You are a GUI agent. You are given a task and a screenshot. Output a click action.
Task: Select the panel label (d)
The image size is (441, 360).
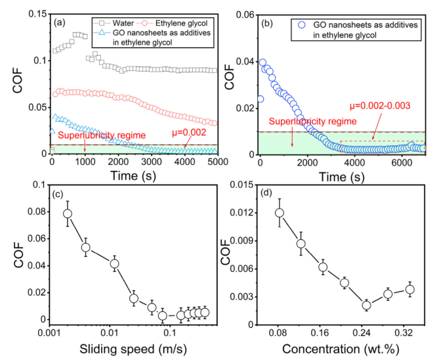[268, 195]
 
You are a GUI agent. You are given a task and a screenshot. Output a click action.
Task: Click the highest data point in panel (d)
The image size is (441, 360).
[280, 213]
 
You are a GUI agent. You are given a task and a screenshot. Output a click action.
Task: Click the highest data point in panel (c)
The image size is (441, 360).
[68, 214]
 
